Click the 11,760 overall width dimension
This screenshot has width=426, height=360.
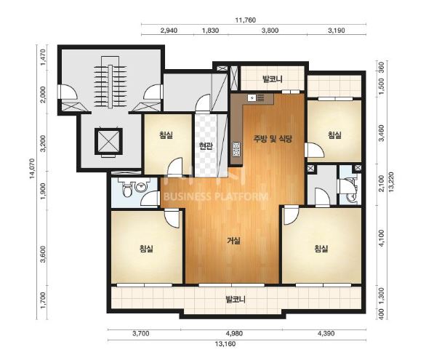(245, 20)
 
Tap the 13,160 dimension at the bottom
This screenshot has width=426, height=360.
(225, 344)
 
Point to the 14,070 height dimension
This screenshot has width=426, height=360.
(32, 169)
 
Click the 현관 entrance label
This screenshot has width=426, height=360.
(206, 147)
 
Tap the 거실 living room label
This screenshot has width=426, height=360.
(233, 241)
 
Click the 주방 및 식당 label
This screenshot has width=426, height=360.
(272, 139)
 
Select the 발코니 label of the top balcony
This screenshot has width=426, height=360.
(272, 79)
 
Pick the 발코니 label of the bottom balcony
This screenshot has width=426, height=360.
(236, 300)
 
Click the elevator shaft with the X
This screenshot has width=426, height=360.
(108, 142)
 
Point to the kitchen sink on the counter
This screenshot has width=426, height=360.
(252, 97)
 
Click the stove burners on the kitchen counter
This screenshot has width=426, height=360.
(236, 149)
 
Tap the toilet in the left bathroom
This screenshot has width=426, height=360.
(127, 188)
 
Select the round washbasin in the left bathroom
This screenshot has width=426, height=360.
(141, 187)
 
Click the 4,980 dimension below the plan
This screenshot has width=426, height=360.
(235, 333)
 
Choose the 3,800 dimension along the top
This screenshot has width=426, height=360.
(270, 30)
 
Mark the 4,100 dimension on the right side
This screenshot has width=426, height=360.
(382, 238)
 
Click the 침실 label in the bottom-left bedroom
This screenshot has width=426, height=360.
(146, 249)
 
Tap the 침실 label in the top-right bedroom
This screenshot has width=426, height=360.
(334, 135)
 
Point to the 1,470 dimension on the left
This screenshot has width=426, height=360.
(43, 59)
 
